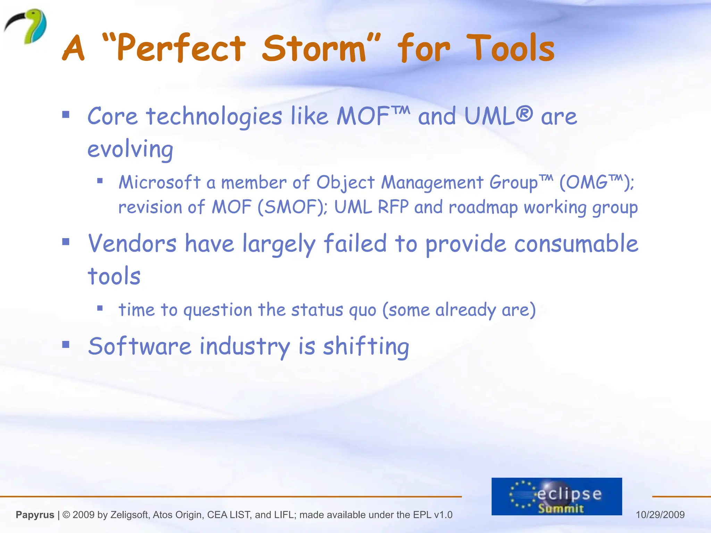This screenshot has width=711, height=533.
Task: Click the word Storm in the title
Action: [314, 49]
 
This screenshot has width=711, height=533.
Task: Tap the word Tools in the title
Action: [510, 49]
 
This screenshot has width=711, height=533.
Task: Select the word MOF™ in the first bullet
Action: [373, 116]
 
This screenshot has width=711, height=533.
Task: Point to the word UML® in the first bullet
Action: [498, 116]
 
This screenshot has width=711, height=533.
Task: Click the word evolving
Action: [130, 149]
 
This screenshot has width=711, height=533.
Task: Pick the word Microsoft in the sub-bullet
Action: [160, 182]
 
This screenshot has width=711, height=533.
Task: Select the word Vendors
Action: [132, 244]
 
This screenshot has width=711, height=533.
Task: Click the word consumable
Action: [576, 244]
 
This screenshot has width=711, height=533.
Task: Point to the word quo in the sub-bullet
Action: [362, 310]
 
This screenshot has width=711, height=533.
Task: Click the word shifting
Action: [366, 346]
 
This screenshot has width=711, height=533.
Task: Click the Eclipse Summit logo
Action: [557, 496]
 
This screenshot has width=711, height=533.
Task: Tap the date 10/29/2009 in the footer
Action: [660, 515]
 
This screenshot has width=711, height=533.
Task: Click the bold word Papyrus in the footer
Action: [35, 515]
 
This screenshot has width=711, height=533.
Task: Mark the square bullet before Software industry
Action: [66, 345]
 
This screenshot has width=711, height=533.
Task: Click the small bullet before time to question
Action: [100, 308]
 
